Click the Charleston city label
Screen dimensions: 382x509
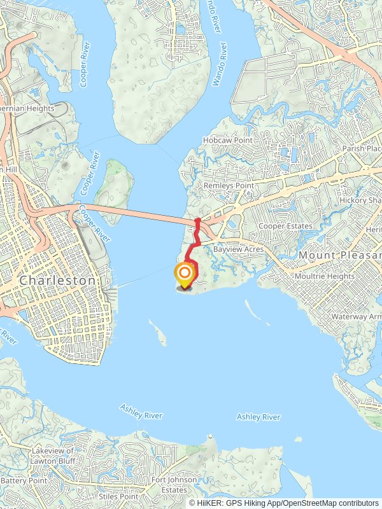coord(57,281)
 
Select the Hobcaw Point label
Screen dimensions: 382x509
coord(227,140)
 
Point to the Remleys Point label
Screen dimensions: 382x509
coord(228,186)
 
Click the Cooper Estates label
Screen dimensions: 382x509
coord(285,227)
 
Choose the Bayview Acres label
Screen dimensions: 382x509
coord(238,250)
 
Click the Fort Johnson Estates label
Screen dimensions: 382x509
coord(169,485)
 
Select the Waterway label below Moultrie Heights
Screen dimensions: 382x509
coord(356,317)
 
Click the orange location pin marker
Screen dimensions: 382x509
coord(184,275)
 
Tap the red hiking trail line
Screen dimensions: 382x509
coord(196,241)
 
